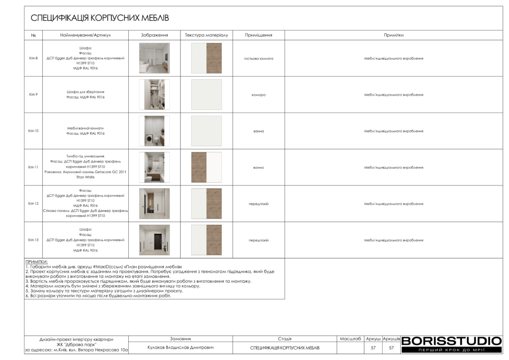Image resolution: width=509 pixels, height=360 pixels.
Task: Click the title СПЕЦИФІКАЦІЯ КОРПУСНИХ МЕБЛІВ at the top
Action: [x=100, y=18]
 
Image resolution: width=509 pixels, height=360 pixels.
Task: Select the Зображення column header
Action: [x=154, y=35]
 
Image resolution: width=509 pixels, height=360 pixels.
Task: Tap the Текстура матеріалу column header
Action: [x=206, y=35]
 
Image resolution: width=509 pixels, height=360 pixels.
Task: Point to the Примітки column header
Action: [x=393, y=35]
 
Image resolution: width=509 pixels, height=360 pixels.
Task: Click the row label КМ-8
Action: [x=33, y=58]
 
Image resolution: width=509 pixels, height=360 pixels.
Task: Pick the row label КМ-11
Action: [x=33, y=167]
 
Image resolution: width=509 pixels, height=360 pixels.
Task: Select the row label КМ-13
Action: [x=33, y=240]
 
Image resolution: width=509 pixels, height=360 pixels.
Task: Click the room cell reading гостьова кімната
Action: [x=258, y=58]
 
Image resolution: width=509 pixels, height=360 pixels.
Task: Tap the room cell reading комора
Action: [x=258, y=94]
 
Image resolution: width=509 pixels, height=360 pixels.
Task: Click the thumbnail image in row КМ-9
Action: [x=154, y=94]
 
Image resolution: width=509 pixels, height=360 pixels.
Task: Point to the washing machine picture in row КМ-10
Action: [x=154, y=131]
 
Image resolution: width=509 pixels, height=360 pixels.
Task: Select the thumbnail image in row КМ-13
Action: [x=154, y=240]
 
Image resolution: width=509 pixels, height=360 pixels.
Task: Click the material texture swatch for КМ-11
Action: [x=206, y=167]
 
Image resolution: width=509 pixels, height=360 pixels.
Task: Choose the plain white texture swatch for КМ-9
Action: [x=206, y=94]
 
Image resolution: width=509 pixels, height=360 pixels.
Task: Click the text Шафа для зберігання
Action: [x=85, y=92]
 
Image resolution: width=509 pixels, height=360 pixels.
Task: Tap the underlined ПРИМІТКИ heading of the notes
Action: [x=36, y=262]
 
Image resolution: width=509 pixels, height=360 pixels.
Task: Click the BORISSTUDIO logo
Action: [x=451, y=341]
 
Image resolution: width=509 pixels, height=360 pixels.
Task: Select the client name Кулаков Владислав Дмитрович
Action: [x=180, y=348]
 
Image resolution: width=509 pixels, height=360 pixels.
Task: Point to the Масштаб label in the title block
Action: [x=350, y=339]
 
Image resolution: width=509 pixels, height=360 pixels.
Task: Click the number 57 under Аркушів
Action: [x=391, y=348]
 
